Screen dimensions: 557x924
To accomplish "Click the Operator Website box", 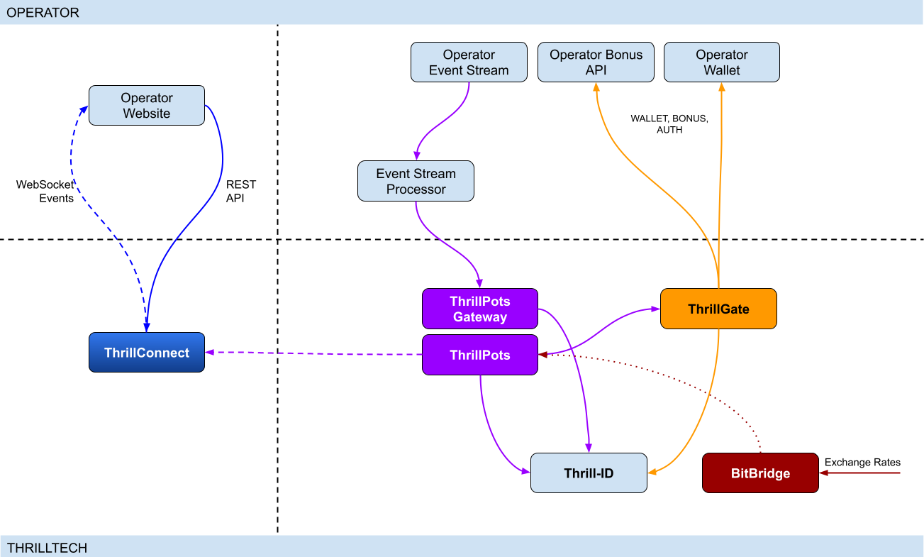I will click(x=147, y=106).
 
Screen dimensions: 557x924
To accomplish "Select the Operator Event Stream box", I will click(x=469, y=62).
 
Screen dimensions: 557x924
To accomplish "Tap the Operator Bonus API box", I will click(x=596, y=62).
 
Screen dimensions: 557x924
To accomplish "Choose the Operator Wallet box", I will click(x=721, y=62).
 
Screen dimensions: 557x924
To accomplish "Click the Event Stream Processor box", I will click(x=416, y=182).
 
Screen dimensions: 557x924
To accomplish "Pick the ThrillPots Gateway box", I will click(x=480, y=309).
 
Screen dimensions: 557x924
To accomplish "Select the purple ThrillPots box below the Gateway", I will click(x=480, y=355).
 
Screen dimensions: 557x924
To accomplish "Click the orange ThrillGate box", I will click(x=718, y=309).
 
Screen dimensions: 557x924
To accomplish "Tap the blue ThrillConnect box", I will click(x=147, y=353).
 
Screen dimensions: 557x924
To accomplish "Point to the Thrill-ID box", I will click(x=589, y=473).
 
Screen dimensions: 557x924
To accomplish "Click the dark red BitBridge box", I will click(x=760, y=473).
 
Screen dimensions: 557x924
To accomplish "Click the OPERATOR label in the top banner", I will click(x=43, y=13).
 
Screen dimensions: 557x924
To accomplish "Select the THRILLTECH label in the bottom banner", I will click(x=47, y=548).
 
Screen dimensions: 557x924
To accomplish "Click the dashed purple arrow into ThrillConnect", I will click(x=312, y=353).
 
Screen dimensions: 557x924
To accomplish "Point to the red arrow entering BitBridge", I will click(x=858, y=473).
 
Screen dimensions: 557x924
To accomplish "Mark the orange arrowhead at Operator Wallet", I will click(x=722, y=87).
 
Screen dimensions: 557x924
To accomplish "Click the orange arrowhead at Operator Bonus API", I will click(x=596, y=87).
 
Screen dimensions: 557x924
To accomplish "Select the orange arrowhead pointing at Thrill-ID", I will click(x=653, y=471).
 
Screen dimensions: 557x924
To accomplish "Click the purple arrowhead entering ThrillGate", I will click(x=655, y=309).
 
